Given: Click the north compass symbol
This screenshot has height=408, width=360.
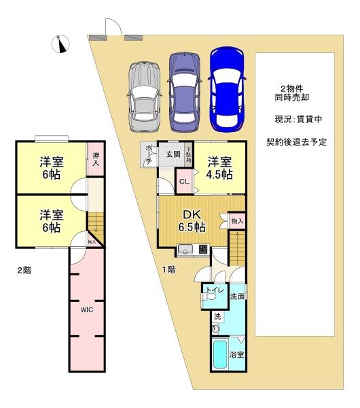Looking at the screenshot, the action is click(60, 44).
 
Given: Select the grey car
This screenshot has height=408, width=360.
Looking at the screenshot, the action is click(144, 97).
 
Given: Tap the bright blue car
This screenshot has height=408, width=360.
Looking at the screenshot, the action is click(227, 89).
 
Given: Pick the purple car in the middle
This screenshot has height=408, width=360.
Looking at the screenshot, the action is click(184, 92).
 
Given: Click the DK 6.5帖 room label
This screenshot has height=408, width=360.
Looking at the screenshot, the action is click(192, 221).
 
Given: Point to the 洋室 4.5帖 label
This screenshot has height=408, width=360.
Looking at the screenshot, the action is click(219, 168).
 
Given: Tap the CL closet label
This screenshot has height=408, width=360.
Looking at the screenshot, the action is click(184, 182).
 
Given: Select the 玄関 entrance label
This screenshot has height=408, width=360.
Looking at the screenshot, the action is click(173, 154).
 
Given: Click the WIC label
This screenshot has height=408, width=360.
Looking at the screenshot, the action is click(87, 310).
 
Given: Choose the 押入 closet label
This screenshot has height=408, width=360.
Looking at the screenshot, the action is click(96, 159).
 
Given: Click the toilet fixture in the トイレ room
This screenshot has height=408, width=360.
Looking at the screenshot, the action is click(209, 297).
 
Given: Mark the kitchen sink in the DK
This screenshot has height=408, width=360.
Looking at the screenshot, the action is click(185, 250).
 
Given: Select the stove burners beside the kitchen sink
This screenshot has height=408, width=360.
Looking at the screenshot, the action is click(204, 250).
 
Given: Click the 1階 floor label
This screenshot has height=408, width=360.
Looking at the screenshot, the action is click(169, 270).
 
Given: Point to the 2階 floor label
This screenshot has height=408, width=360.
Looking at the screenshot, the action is click(24, 271).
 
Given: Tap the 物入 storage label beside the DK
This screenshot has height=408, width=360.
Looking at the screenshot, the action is click(237, 221).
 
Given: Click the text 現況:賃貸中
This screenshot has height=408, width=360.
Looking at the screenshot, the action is click(298, 119).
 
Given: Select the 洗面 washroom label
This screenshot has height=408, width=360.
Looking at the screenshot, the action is click(237, 296).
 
